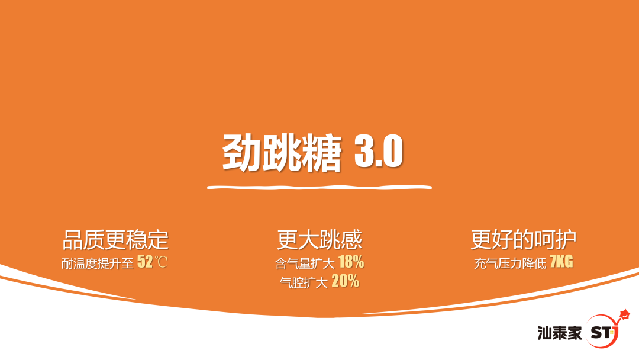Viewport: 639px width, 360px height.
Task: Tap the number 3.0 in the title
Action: pyautogui.click(x=379, y=151)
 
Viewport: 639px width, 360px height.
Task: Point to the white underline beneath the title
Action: pyautogui.click(x=319, y=188)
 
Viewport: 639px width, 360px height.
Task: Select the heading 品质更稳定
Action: pyautogui.click(x=116, y=239)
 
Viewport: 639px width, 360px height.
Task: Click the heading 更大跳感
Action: pyautogui.click(x=319, y=239)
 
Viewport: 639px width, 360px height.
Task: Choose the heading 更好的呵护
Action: pyautogui.click(x=524, y=239)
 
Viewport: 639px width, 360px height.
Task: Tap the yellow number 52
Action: pyautogui.click(x=145, y=261)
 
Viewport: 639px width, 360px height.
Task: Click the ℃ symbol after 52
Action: pyautogui.click(x=161, y=262)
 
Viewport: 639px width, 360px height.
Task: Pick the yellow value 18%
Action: pyautogui.click(x=351, y=262)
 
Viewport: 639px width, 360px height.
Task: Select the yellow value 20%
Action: pyautogui.click(x=345, y=281)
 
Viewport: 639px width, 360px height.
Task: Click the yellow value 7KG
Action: pyautogui.click(x=561, y=261)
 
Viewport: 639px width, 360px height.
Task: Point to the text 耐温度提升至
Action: pyautogui.click(x=98, y=263)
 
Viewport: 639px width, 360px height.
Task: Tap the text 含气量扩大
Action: pyautogui.click(x=305, y=263)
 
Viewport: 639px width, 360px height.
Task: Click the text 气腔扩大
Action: pyautogui.click(x=304, y=282)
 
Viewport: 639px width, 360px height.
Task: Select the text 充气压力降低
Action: pyautogui.click(x=510, y=263)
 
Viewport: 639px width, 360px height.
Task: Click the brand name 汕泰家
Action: pyautogui.click(x=560, y=333)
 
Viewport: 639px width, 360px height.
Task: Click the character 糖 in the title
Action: pyautogui.click(x=322, y=153)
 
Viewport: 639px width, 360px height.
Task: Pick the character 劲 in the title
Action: pyautogui.click(x=241, y=153)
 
